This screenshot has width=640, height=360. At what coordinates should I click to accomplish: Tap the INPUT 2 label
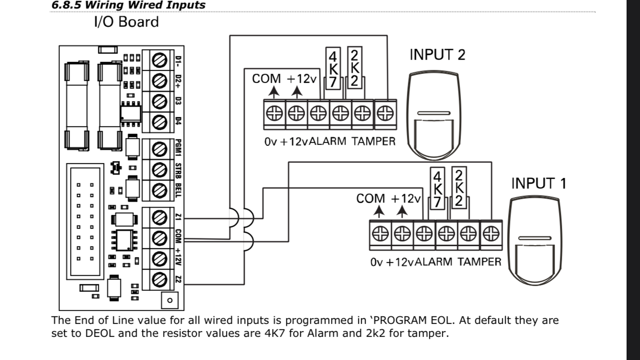pyautogui.click(x=437, y=55)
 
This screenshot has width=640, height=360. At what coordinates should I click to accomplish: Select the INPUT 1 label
pyautogui.click(x=538, y=183)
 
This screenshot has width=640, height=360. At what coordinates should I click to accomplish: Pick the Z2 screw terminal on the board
pyautogui.click(x=158, y=278)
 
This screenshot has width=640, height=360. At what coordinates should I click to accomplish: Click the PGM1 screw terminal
pyautogui.click(x=158, y=150)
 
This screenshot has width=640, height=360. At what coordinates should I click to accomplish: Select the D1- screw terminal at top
pyautogui.click(x=158, y=60)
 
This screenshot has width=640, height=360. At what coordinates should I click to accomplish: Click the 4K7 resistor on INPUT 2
pyautogui.click(x=333, y=68)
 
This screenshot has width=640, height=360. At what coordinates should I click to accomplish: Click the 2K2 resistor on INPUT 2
pyautogui.click(x=354, y=68)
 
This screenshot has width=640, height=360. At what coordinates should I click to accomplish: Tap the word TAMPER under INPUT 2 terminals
pyautogui.click(x=373, y=142)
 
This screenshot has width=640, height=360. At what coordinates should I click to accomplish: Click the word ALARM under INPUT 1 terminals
pyautogui.click(x=434, y=262)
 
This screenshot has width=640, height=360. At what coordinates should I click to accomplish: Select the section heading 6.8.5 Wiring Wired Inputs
pyautogui.click(x=128, y=5)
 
